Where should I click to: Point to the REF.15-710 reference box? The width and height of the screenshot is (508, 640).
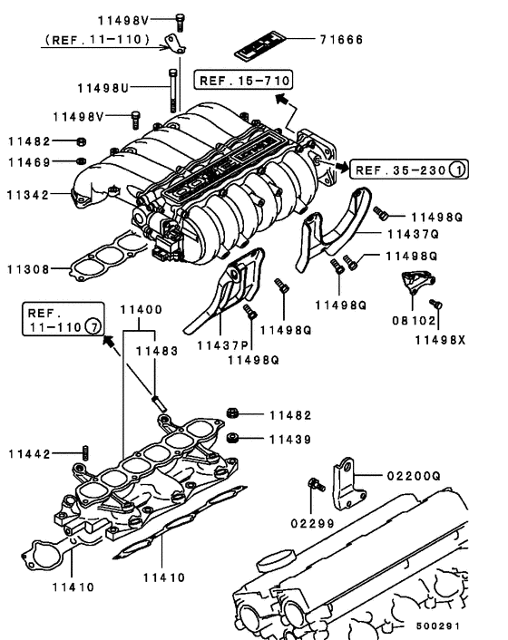tap(232, 81)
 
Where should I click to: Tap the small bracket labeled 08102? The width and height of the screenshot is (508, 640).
tap(416, 284)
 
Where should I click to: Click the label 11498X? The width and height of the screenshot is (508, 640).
tap(440, 342)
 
